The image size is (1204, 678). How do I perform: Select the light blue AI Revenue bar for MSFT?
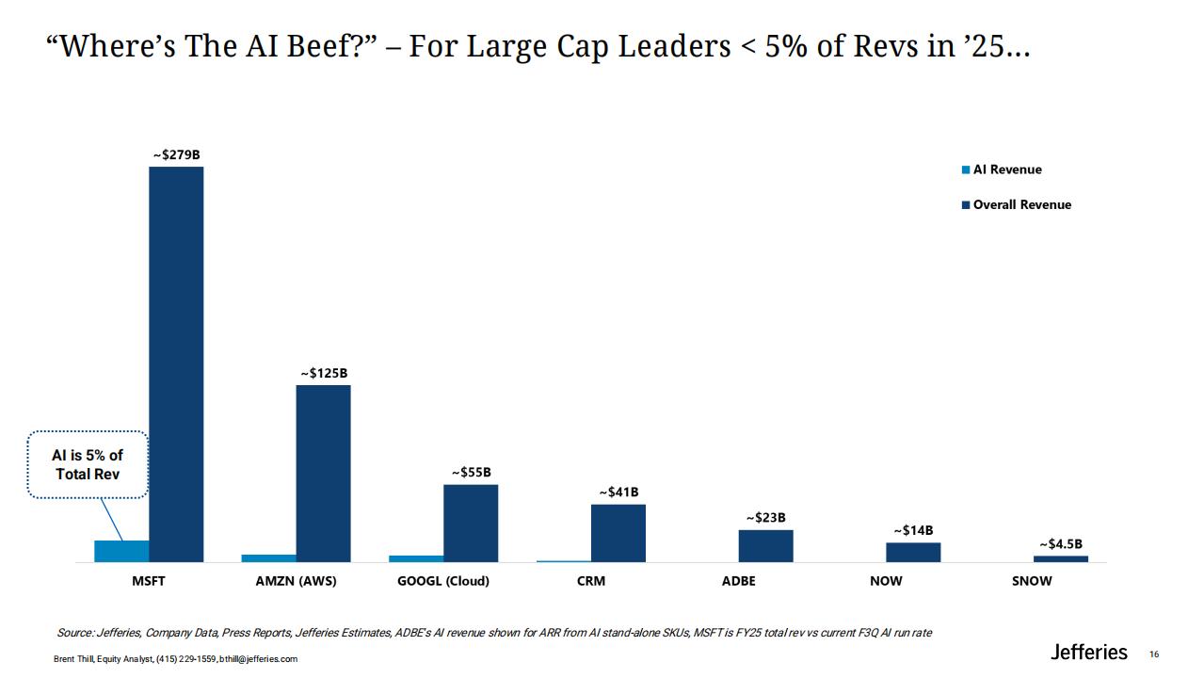pos(121,551)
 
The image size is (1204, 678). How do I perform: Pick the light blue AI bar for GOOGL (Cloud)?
pos(416,558)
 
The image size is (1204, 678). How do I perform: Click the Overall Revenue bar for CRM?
pos(618,533)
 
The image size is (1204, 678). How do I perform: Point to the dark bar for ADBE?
pos(765,546)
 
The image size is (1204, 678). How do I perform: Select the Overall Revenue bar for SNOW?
pos(1061,559)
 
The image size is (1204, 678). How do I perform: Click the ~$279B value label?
pos(177,155)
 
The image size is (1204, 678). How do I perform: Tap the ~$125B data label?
pos(324,374)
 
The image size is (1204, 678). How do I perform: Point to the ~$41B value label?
pos(618,492)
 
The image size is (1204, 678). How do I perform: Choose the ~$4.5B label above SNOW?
pos(1061,544)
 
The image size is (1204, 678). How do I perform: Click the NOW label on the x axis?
pos(886,581)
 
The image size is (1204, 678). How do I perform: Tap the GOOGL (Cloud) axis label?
pos(443,581)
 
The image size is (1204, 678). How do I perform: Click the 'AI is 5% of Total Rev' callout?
pos(88,464)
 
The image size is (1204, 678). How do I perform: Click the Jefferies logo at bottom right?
pos(1088,653)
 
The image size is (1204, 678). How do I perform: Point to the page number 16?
pos(1154,654)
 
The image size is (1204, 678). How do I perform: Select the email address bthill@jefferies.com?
pos(258,659)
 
